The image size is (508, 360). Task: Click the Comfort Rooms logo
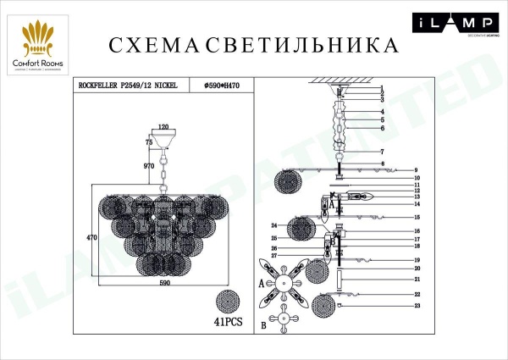(43, 41)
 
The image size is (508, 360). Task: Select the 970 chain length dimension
(149, 166)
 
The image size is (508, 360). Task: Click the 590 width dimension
(165, 282)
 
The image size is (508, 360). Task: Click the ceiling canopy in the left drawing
(164, 136)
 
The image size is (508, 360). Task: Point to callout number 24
(274, 226)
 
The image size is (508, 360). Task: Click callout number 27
(274, 255)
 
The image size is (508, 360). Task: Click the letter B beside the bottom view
(264, 324)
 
